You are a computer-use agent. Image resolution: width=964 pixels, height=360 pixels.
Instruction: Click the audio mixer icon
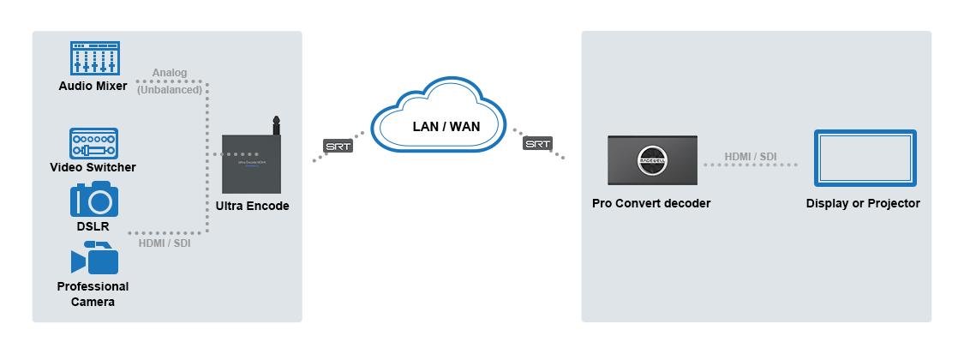coord(94,58)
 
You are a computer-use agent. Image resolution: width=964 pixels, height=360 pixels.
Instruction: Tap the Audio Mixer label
coord(93,86)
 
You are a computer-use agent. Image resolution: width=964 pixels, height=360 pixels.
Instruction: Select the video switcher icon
coord(93,143)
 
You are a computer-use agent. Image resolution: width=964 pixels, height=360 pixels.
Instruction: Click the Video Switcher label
coord(93,167)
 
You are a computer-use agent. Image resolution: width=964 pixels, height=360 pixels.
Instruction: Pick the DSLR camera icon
coord(93,199)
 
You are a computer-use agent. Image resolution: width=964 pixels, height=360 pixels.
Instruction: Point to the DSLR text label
coord(93,226)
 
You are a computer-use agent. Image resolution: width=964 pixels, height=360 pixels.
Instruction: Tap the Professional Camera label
coord(93,294)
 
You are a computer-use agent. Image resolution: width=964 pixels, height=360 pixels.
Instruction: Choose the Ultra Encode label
coord(253,206)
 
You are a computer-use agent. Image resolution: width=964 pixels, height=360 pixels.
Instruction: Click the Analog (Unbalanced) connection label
coord(170,81)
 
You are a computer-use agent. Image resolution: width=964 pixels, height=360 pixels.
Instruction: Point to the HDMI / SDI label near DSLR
coord(165,243)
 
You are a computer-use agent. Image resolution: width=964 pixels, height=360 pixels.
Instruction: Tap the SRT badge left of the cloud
coord(338,146)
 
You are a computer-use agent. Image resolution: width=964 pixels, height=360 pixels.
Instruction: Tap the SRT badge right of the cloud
coord(537,144)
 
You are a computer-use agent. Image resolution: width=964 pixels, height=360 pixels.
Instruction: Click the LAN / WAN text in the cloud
coord(441,127)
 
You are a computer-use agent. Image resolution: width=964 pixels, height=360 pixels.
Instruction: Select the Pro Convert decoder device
coord(651,159)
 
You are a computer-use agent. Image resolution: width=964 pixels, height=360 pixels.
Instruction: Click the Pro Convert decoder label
coord(651,203)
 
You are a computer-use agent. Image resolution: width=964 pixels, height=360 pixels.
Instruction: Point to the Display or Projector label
coord(863,203)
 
